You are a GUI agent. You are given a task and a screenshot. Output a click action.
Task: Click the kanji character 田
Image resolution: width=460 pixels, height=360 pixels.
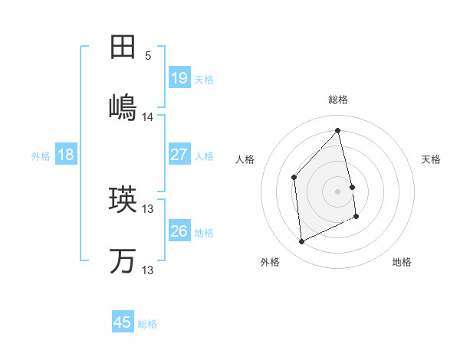click(123, 47)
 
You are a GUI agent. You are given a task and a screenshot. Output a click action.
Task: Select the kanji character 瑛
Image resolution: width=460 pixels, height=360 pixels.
click(123, 200)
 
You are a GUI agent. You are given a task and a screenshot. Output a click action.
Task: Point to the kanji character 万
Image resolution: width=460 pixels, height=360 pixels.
click(123, 261)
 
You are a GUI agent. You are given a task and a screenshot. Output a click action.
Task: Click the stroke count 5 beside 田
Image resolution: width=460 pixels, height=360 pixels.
click(148, 56)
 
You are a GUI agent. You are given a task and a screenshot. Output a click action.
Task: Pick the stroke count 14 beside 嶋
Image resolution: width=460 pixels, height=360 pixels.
click(148, 117)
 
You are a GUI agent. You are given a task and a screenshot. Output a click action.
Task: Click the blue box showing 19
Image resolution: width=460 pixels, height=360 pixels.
click(179, 77)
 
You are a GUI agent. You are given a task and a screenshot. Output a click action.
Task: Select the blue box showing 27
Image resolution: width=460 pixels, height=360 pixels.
click(179, 155)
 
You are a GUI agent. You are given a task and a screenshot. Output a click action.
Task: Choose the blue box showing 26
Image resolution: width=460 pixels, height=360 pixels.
click(179, 231)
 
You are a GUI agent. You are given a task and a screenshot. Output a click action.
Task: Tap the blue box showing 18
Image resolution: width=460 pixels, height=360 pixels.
click(66, 155)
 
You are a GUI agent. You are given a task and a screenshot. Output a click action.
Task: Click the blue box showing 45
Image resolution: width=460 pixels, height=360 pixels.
click(123, 322)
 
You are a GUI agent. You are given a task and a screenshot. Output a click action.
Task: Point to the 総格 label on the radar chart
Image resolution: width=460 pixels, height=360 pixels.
click(338, 100)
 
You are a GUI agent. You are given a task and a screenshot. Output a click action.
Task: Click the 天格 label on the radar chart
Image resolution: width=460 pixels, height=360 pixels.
click(432, 159)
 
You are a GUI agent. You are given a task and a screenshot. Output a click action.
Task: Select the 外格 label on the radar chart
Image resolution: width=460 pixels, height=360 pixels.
click(270, 262)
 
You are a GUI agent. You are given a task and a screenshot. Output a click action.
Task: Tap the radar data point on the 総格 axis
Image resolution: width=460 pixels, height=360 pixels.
click(338, 130)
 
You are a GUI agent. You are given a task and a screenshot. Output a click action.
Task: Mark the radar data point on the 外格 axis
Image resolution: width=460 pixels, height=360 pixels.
click(302, 242)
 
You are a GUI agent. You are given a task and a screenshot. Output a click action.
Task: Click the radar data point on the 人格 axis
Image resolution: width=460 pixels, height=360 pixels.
click(294, 178)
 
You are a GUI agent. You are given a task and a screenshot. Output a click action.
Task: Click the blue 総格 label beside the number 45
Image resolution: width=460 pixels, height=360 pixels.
click(147, 324)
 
